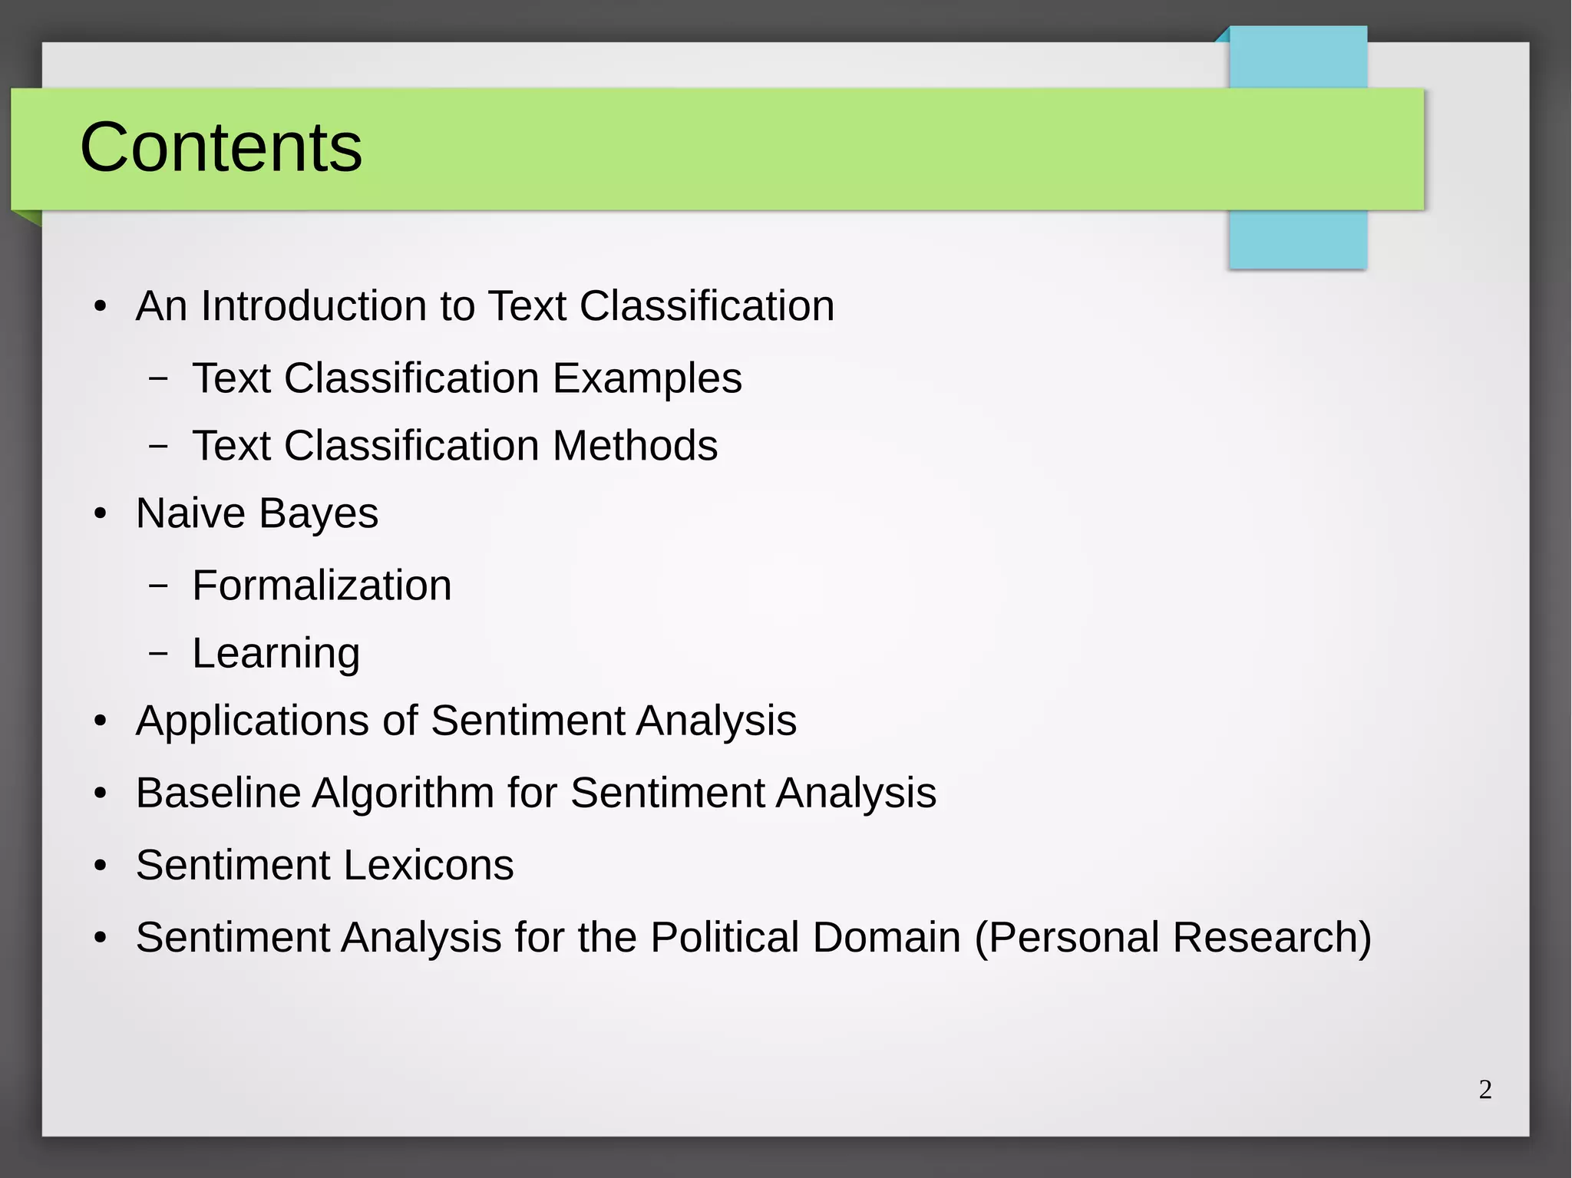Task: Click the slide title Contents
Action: pyautogui.click(x=221, y=147)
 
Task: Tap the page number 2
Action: pyautogui.click(x=1485, y=1090)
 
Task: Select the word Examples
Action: pyautogui.click(x=647, y=378)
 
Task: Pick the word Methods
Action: pyautogui.click(x=635, y=446)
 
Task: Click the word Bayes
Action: pyautogui.click(x=318, y=514)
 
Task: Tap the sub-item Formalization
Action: pyautogui.click(x=322, y=586)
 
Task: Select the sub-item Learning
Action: pyautogui.click(x=276, y=654)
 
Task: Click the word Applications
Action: pyautogui.click(x=253, y=721)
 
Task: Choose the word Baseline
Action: pyautogui.click(x=218, y=793)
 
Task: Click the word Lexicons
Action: pyautogui.click(x=429, y=866)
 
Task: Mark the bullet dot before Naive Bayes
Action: pyautogui.click(x=101, y=514)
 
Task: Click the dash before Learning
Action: pyautogui.click(x=158, y=653)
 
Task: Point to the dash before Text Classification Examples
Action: pyautogui.click(x=158, y=378)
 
